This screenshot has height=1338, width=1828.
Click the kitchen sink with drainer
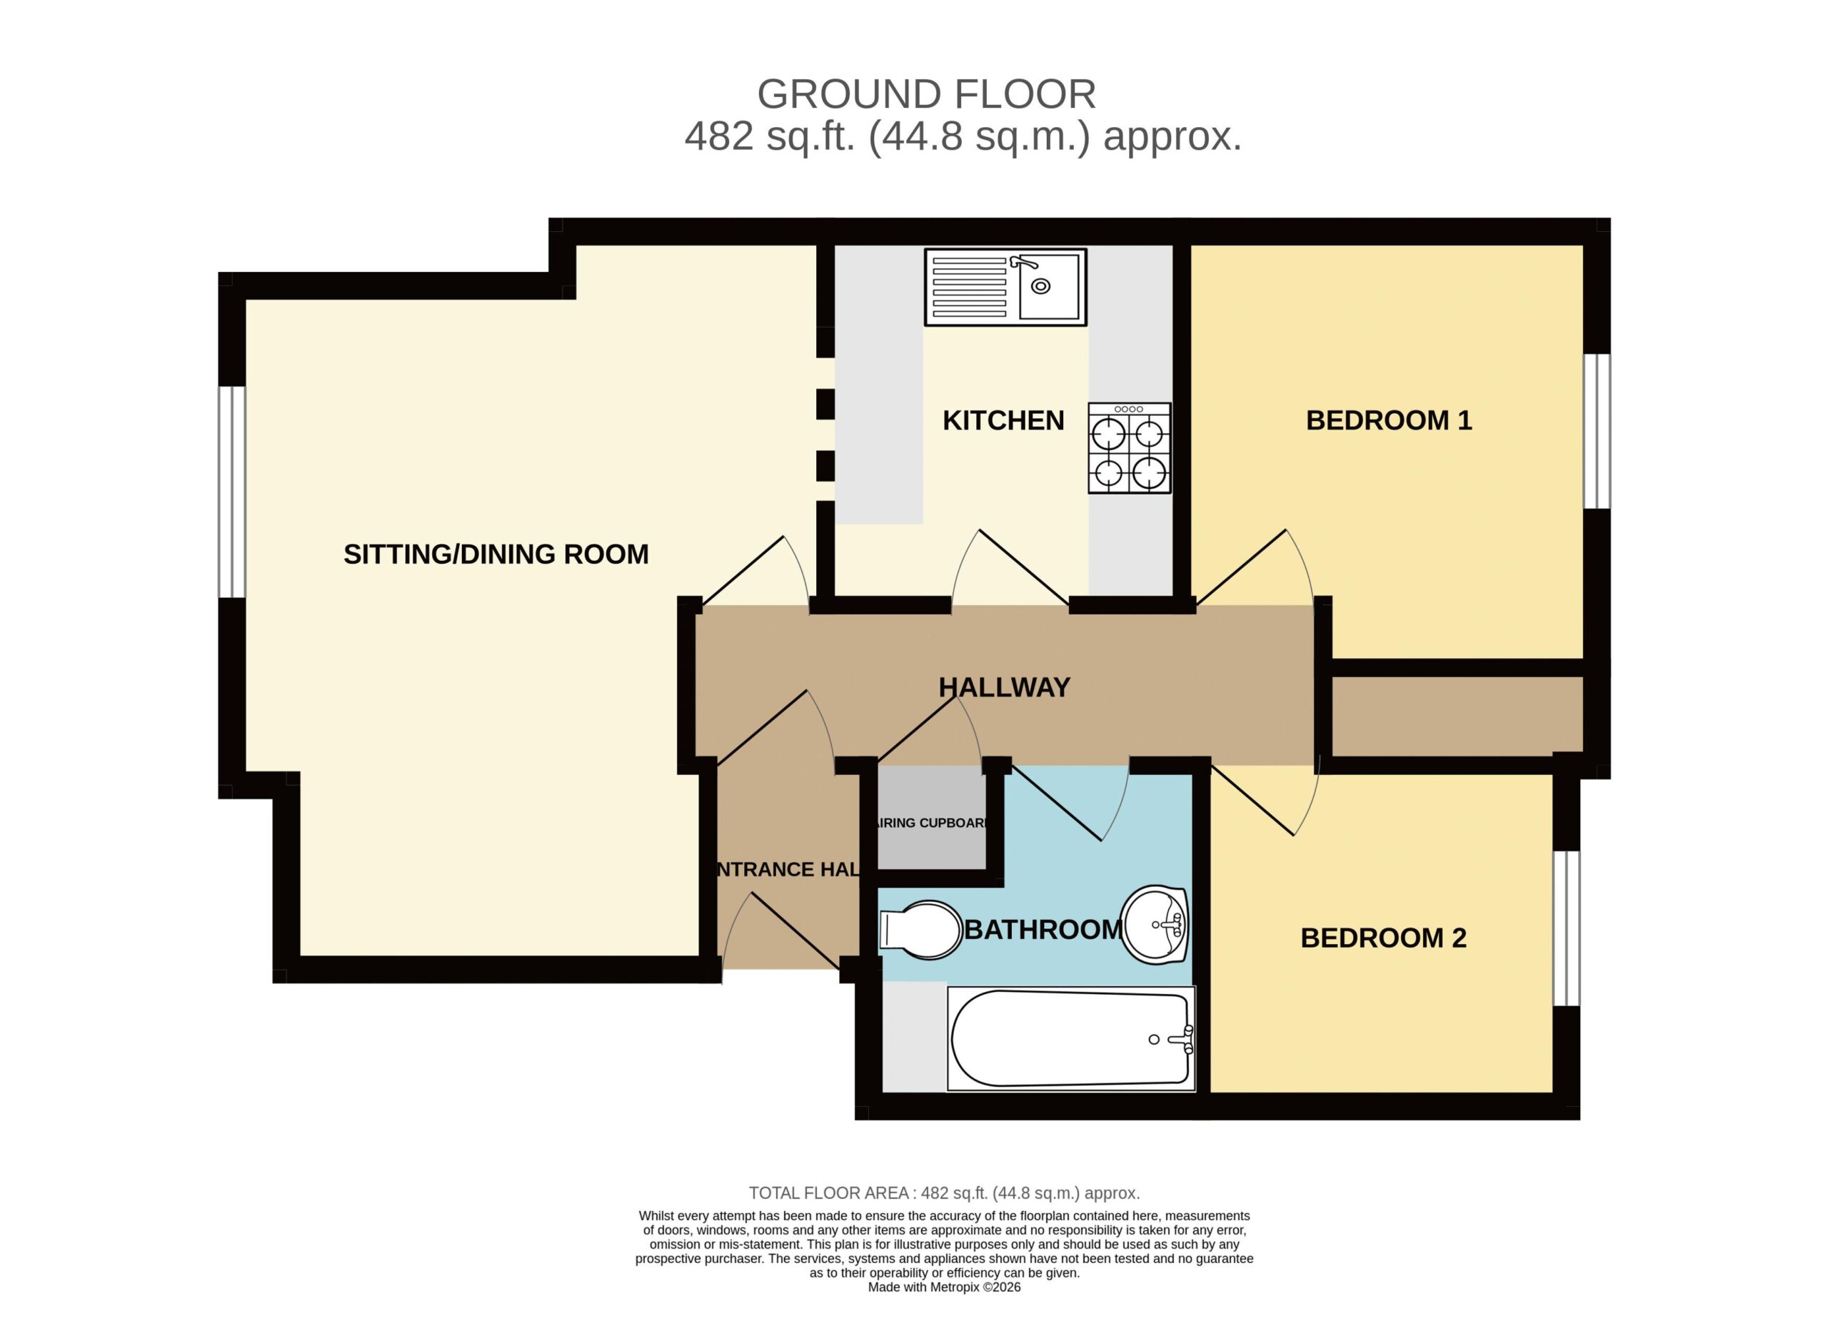pos(1005,288)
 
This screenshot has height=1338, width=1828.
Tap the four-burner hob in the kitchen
pos(1130,449)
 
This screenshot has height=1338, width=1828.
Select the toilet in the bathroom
pos(920,931)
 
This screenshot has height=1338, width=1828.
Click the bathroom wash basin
pos(1155,926)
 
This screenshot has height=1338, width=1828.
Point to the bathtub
pos(1071,1039)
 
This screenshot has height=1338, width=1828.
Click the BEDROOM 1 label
pos(1389,420)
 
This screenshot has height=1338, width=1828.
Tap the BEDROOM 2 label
pos(1383,938)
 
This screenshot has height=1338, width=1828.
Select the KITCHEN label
pos(1003,420)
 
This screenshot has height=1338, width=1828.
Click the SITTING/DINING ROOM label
pos(496,554)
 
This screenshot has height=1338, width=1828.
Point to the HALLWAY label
pos(1004,688)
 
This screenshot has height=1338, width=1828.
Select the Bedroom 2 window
pos(1566,928)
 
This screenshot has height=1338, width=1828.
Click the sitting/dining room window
pos(232,492)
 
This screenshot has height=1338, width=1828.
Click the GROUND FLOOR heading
pos(926,95)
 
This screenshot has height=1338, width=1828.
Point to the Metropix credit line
pos(944,1287)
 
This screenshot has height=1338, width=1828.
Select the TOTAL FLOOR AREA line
pos(944,1193)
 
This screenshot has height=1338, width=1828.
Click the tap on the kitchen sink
pos(1023,263)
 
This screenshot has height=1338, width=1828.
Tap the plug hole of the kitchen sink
pos(1040,286)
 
